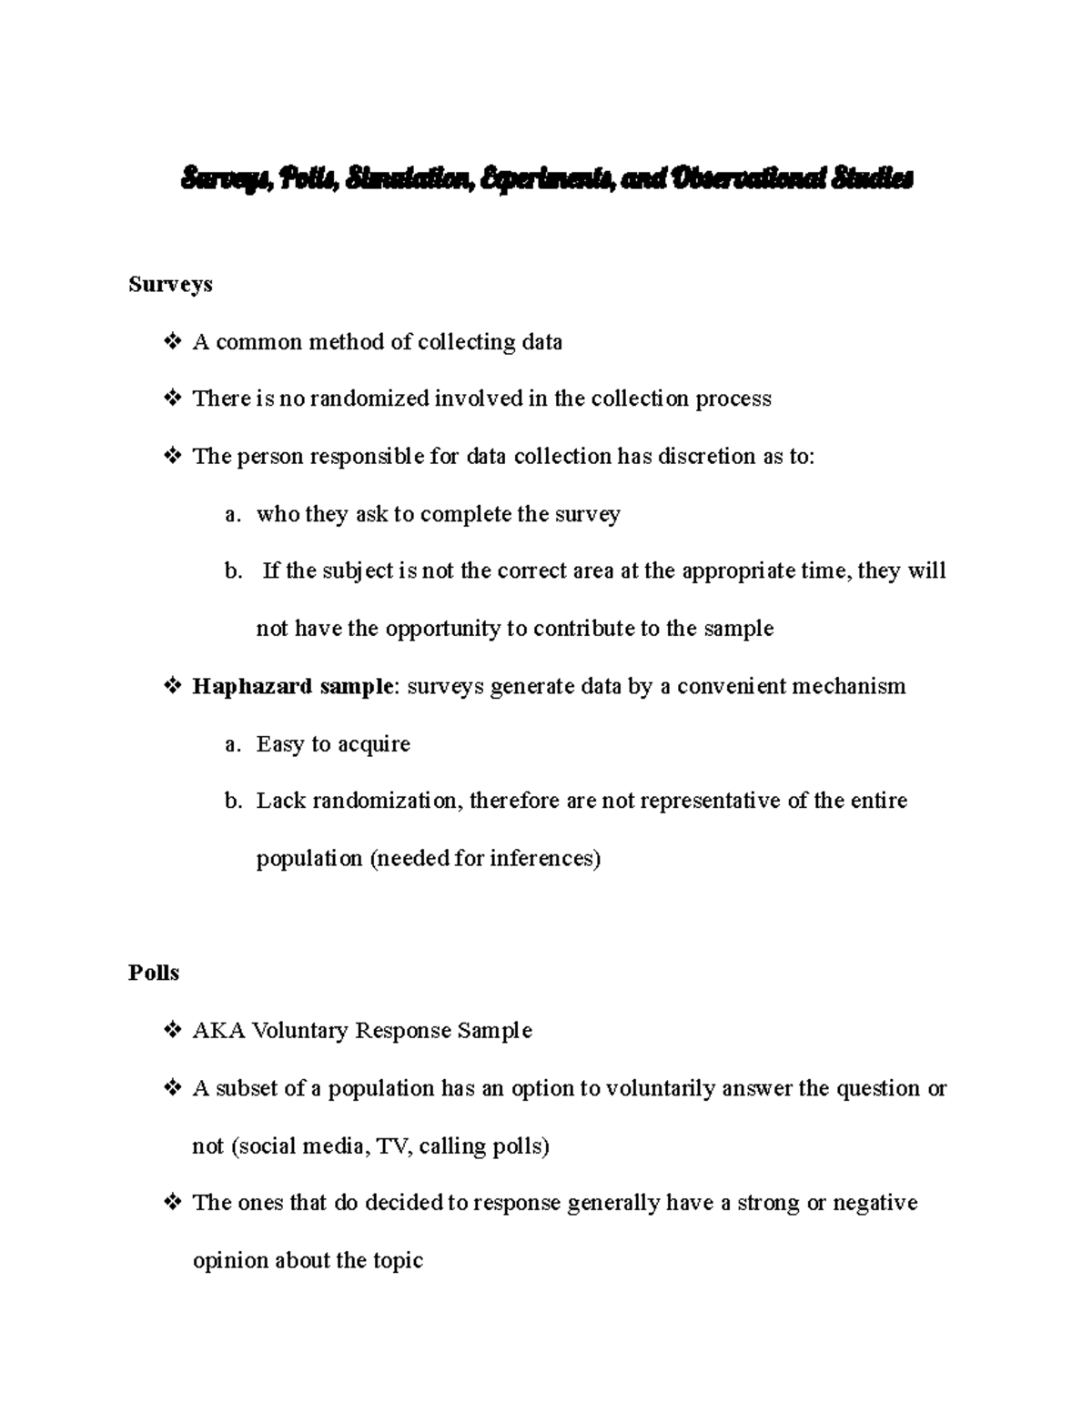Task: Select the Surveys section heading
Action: click(170, 285)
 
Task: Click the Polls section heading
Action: click(153, 973)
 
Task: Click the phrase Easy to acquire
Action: click(333, 744)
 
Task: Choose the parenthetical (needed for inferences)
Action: click(485, 859)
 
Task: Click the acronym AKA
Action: click(218, 1031)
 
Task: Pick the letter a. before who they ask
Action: click(233, 515)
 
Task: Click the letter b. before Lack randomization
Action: click(233, 802)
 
